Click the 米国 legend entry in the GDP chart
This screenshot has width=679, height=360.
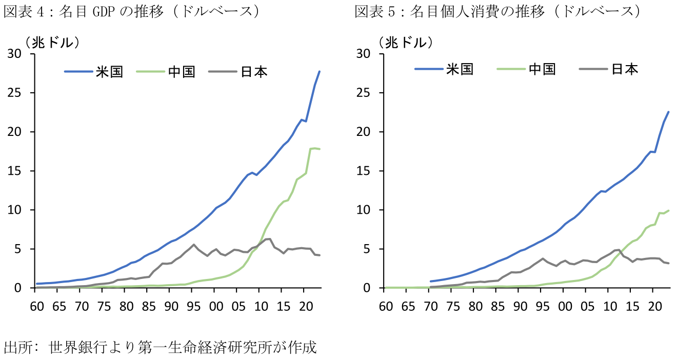pyautogui.click(x=109, y=72)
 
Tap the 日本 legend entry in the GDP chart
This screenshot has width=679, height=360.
pyautogui.click(x=254, y=72)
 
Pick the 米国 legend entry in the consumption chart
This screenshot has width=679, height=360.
pyautogui.click(x=460, y=69)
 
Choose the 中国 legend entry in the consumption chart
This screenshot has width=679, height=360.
pyautogui.click(x=542, y=69)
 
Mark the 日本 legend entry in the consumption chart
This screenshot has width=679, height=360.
pyautogui.click(x=625, y=69)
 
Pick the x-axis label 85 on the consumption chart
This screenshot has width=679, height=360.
pyautogui.click(x=497, y=307)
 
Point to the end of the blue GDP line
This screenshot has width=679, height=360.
pyautogui.click(x=319, y=71)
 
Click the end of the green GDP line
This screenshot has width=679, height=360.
pyautogui.click(x=319, y=149)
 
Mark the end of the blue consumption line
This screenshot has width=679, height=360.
pyautogui.click(x=669, y=112)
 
